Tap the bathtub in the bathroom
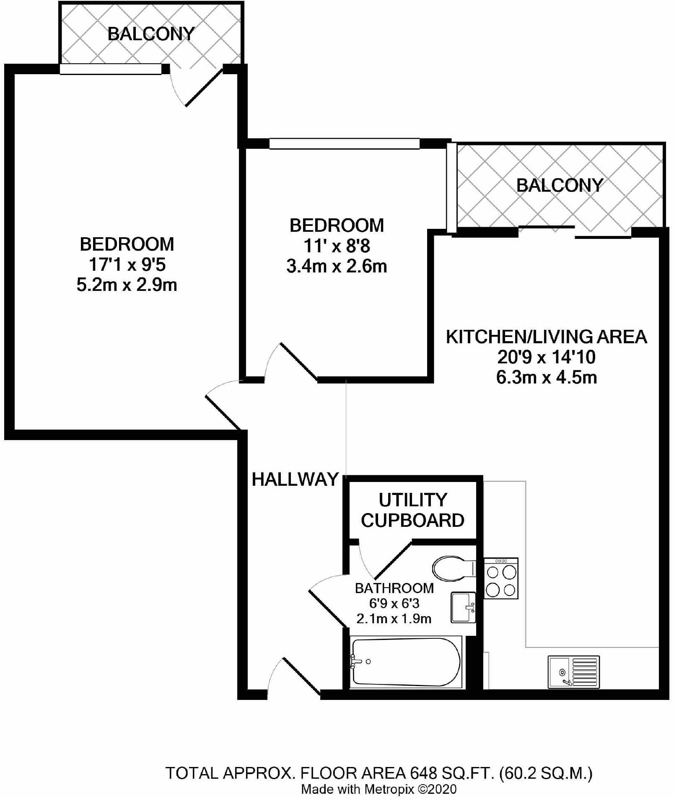pos(406,662)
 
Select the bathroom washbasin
pos(463,607)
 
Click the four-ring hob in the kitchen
pos(501,578)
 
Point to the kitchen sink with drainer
pos(573,672)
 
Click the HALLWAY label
pos(295,479)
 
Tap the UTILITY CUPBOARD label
pos(413,510)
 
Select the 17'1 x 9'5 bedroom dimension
pos(127,264)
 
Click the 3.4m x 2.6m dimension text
pos(337,266)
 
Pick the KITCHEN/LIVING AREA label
pos(546,337)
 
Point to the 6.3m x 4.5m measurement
pos(546,378)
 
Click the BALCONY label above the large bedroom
pos(151,34)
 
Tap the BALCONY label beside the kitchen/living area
pos(560,185)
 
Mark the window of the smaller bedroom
pos(344,144)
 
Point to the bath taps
pos(358,662)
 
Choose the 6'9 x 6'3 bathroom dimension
pos(394,604)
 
